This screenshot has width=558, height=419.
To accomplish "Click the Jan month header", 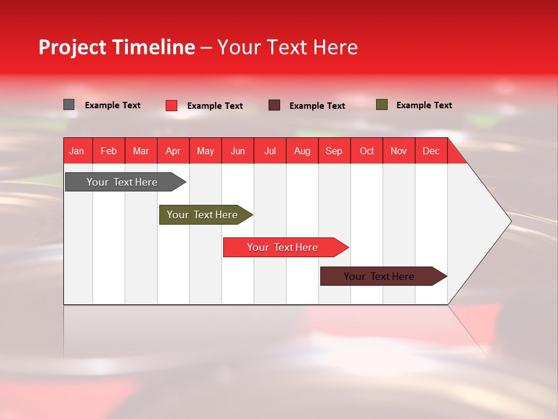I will tap(77, 151).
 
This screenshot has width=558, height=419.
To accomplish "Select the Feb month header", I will tap(109, 151).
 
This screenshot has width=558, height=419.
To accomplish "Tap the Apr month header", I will tap(173, 151).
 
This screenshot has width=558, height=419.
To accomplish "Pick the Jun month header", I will tap(238, 151).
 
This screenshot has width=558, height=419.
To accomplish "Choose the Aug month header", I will tap(302, 151).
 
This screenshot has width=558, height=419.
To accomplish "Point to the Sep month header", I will tap(334, 151).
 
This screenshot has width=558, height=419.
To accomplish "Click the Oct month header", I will tap(367, 151).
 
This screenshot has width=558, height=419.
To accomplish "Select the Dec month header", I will tap(431, 151).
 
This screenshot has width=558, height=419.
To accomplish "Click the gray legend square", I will tap(69, 105).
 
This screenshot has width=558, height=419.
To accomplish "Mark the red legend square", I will tap(171, 105).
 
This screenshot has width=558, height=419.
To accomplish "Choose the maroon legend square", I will tap(274, 105).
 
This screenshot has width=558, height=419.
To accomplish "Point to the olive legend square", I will tap(381, 105).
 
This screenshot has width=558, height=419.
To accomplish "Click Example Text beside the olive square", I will tap(424, 105).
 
